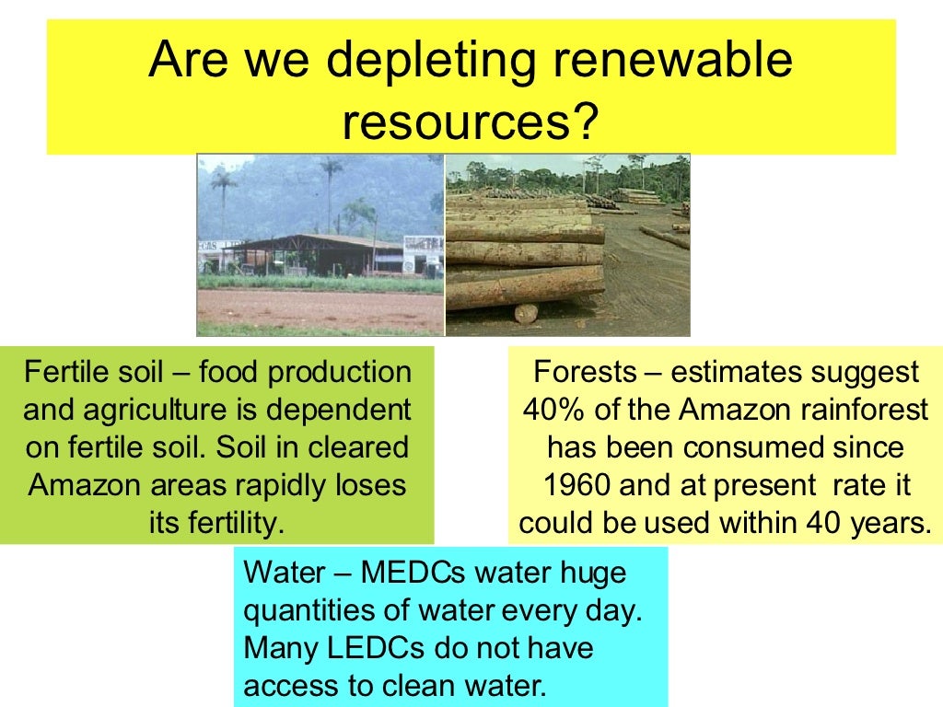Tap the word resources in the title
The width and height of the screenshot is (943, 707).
[x=458, y=122]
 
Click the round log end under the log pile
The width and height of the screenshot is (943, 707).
[x=526, y=312]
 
